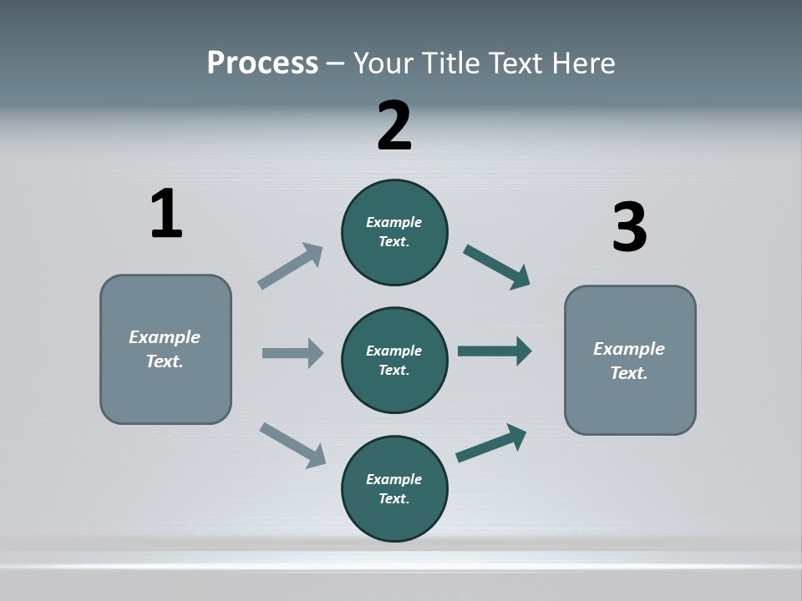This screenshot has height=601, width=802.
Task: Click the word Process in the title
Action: click(x=262, y=63)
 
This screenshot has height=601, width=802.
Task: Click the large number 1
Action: click(x=165, y=214)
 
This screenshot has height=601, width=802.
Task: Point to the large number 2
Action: click(x=394, y=126)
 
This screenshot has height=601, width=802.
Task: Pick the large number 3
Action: click(x=629, y=228)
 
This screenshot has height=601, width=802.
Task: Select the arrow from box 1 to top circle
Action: click(x=291, y=265)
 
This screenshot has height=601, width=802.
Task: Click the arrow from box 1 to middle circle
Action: click(x=292, y=353)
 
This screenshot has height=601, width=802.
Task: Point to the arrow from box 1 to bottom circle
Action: click(x=292, y=444)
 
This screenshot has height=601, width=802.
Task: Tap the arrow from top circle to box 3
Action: click(x=496, y=266)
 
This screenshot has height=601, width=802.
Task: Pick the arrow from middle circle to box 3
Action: click(x=495, y=351)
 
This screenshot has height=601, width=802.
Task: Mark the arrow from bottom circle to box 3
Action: click(x=491, y=442)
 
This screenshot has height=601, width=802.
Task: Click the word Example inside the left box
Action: click(x=165, y=337)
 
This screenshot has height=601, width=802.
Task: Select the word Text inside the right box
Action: click(x=628, y=373)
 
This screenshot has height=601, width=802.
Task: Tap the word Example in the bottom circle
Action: click(x=393, y=479)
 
